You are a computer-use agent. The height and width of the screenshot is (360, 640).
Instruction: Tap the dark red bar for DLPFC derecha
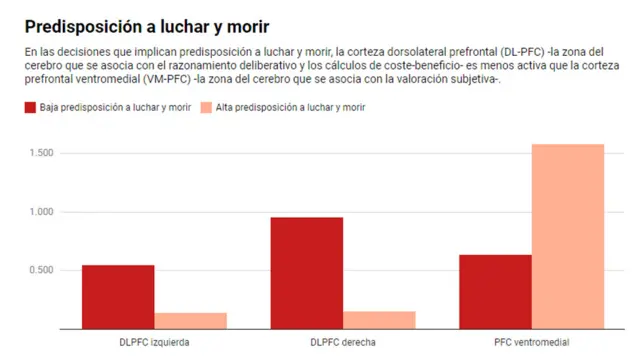click(307, 273)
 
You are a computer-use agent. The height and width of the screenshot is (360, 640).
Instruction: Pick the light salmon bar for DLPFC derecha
click(379, 319)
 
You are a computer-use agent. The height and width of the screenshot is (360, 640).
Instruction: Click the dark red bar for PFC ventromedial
click(495, 291)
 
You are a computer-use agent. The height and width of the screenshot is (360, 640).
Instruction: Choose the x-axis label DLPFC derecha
click(343, 342)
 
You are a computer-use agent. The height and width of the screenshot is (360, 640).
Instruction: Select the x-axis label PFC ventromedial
click(531, 342)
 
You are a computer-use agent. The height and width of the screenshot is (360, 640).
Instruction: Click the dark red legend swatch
click(30, 107)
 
